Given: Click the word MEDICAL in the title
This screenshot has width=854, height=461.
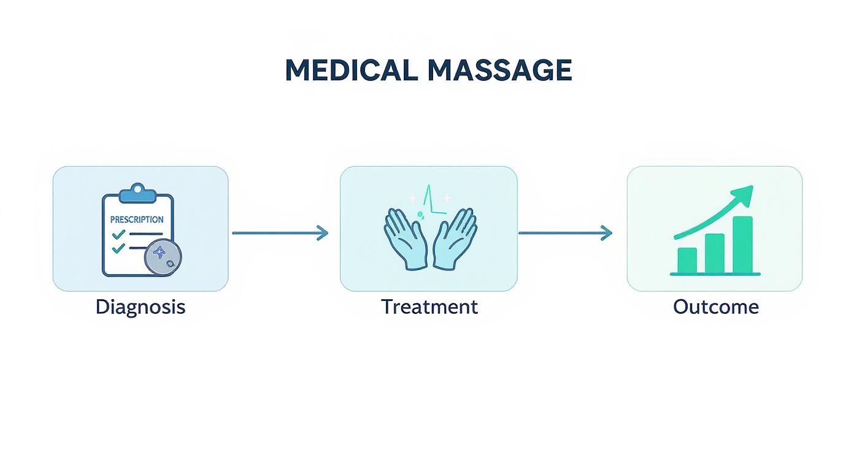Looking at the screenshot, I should point(352,70).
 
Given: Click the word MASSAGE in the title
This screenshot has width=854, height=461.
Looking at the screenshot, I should point(499,70).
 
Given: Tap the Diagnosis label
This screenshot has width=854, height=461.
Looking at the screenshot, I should point(140,307).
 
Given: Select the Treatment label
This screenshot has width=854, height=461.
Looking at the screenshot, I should point(429,307).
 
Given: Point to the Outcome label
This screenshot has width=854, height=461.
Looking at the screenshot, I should point(715,307).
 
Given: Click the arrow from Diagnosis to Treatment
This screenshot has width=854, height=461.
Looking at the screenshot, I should point(280,233).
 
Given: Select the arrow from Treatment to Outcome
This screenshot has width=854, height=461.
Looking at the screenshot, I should point(565,233).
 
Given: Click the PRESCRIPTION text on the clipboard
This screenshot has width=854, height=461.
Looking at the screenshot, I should point(137,219).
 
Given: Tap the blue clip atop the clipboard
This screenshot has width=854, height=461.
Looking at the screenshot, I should point(137,193).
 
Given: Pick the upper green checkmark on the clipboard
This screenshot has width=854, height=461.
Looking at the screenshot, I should point(119,234).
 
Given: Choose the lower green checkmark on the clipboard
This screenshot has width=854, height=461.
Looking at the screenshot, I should point(119,248).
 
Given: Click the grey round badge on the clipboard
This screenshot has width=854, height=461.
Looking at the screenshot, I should point(163,256).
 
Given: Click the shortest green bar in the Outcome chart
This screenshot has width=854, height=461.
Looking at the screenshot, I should point(687,261).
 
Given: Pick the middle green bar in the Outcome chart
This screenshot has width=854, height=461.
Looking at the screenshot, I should point(715,253).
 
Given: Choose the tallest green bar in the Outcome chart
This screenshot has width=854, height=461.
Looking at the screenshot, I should point(742,245).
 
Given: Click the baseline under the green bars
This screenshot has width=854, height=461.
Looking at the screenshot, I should point(715,274).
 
